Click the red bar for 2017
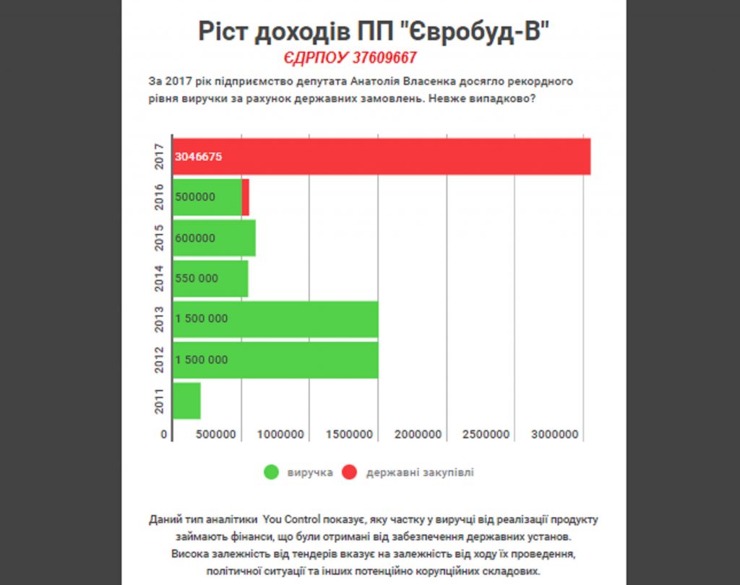382,156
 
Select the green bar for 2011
186,401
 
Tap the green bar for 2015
214,238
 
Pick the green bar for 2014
210,278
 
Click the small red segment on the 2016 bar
246,197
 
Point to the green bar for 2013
275,319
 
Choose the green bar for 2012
275,360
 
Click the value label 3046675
198,157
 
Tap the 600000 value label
195,238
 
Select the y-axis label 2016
160,197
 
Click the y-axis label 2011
160,401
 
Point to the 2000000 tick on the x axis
418,434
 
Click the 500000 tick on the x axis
215,434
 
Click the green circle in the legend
272,472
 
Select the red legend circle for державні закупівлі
350,472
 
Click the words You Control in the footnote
293,519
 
